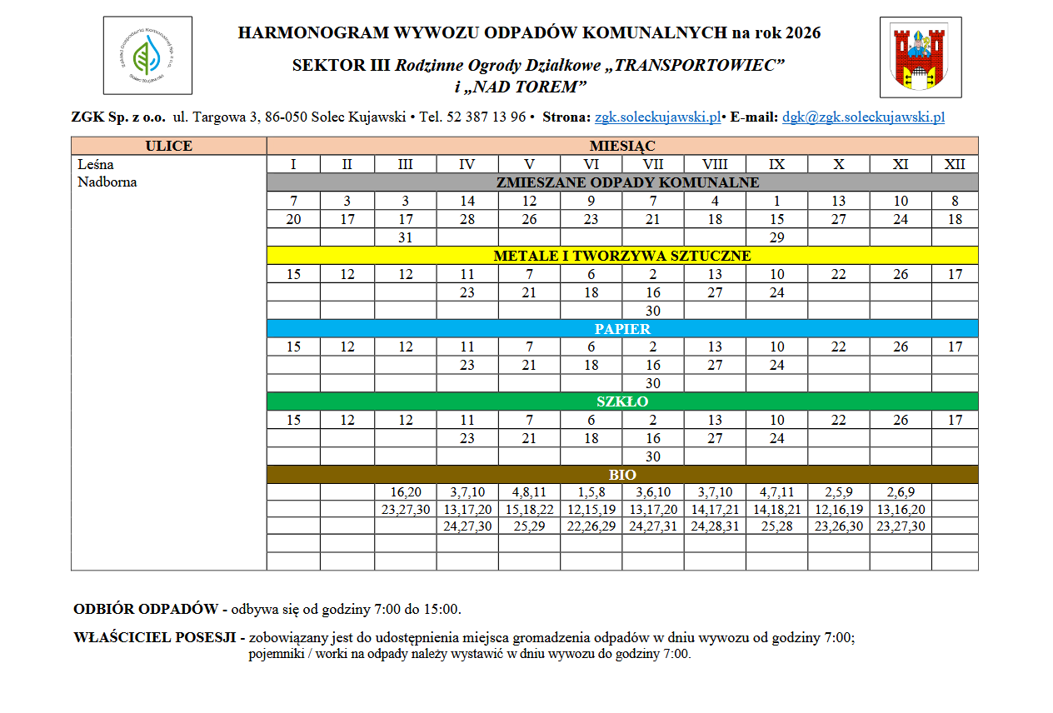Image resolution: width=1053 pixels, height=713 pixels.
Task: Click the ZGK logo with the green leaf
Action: pos(147,56)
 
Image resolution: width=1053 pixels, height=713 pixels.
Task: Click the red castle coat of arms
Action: pos(921,57)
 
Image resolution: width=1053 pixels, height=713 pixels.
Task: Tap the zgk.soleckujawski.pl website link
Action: pos(657,117)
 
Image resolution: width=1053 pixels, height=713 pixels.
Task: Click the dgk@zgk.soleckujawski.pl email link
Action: pos(863,117)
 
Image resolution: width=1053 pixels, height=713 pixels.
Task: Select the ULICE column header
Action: pos(169,146)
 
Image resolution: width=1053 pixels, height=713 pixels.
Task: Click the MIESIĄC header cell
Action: pos(622,146)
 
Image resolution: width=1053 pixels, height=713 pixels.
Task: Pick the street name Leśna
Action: pos(96,165)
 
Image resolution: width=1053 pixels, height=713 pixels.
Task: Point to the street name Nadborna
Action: pos(107,182)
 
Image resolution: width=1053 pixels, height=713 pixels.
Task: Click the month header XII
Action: pos(955,165)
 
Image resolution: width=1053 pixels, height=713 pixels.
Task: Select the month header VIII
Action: pos(715,165)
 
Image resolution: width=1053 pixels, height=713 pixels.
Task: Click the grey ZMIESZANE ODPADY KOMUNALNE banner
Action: pos(622,182)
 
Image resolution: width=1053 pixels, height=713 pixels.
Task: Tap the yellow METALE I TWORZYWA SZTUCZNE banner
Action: pos(622,256)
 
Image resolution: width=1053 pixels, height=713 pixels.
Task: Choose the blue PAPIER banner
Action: pos(622,329)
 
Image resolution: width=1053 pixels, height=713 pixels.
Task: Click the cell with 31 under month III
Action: pos(405,237)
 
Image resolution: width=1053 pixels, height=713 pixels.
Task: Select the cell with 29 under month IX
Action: pos(776,237)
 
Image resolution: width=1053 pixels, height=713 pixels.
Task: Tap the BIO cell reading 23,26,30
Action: pos(838,526)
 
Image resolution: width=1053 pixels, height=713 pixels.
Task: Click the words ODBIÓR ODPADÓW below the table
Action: pos(147,609)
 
